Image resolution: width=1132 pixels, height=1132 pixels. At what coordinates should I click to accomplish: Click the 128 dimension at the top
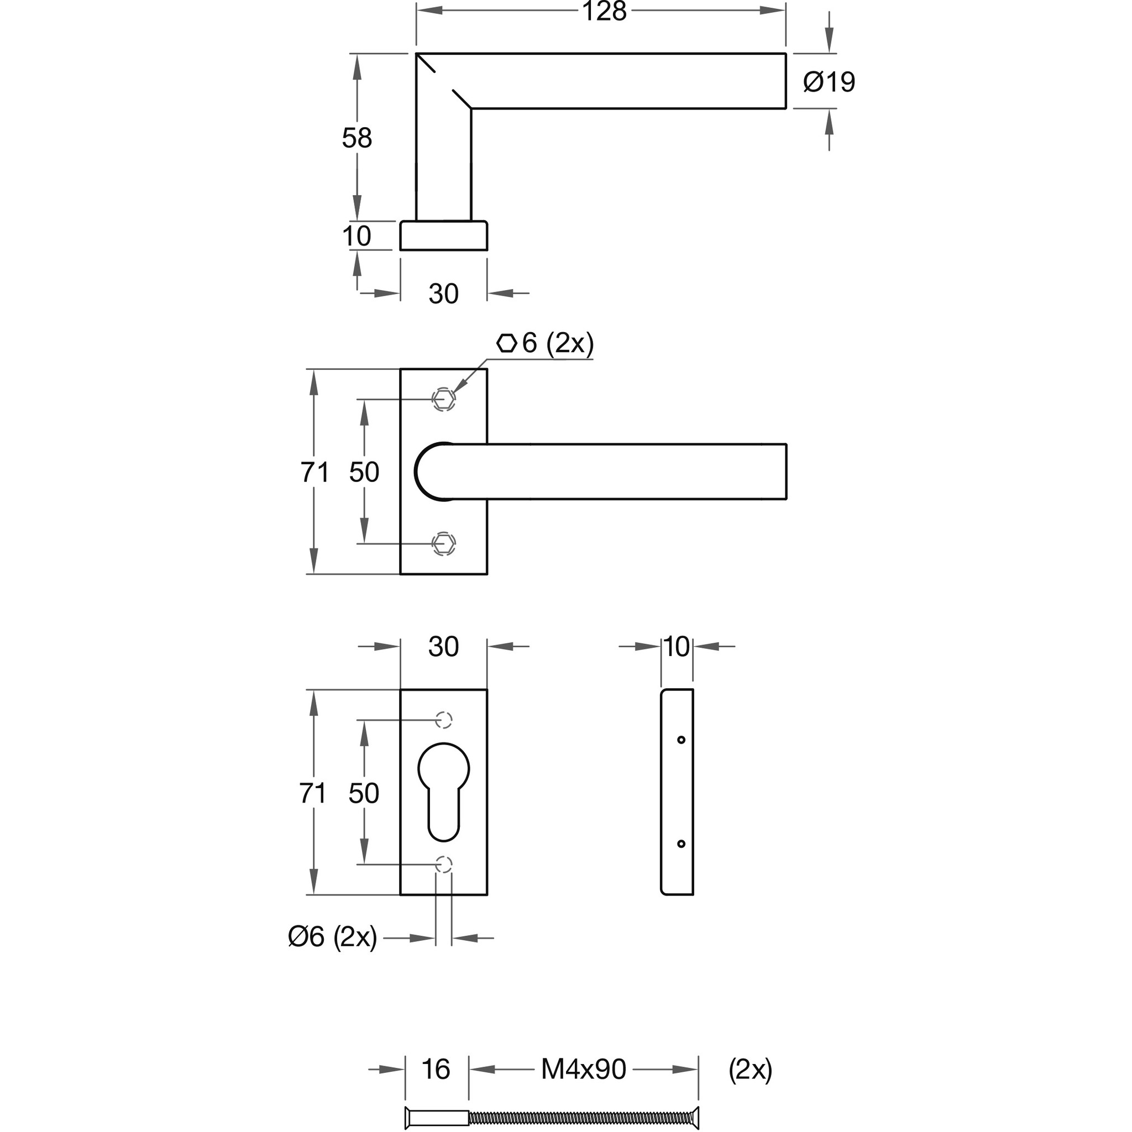tap(604, 12)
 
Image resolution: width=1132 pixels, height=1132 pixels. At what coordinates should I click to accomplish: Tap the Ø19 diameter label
tap(829, 82)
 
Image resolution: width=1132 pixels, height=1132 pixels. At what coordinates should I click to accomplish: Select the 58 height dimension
tap(357, 138)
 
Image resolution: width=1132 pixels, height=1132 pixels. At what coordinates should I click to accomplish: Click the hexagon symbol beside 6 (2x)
tap(507, 343)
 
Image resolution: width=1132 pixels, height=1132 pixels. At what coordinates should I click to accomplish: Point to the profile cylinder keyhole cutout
tap(443, 791)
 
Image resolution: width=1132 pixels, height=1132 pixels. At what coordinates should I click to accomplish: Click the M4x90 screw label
tap(584, 1070)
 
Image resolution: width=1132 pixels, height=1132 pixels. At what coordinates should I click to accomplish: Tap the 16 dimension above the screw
tap(436, 1070)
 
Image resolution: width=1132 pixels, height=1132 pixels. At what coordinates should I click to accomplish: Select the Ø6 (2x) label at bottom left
tap(332, 937)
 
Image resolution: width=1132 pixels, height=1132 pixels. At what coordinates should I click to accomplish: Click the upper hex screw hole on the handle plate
tap(443, 399)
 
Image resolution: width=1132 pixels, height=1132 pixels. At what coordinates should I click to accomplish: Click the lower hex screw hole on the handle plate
tap(443, 543)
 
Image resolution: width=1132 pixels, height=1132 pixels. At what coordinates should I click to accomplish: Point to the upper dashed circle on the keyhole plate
tap(443, 720)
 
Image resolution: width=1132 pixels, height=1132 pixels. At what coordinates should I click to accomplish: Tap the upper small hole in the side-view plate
tap(681, 740)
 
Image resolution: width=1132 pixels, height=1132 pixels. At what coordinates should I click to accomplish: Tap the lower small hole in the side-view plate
tap(681, 843)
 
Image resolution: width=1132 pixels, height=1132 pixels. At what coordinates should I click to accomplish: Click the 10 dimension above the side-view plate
tap(677, 647)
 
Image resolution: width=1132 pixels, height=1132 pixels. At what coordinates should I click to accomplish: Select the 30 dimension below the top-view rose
tap(443, 294)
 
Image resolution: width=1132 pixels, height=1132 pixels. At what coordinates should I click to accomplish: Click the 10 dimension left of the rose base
tap(357, 236)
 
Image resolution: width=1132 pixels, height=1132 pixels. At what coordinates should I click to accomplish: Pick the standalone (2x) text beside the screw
tap(751, 1070)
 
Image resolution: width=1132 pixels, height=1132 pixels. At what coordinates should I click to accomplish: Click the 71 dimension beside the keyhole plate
tap(312, 793)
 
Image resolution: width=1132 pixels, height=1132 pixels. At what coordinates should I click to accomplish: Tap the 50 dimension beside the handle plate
tap(364, 472)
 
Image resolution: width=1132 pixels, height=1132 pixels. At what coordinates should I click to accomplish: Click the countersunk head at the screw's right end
tap(694, 1119)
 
